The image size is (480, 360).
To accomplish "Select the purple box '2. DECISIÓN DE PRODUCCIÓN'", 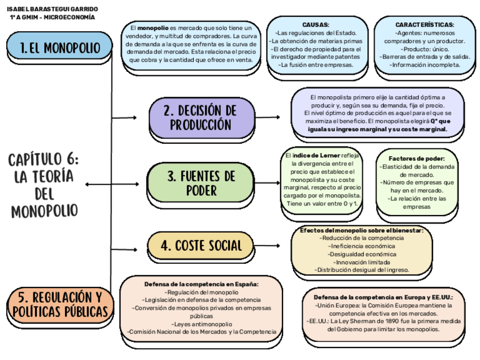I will pyautogui.click(x=201, y=117).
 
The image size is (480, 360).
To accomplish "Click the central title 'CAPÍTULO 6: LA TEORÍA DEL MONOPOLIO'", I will pyautogui.click(x=44, y=185).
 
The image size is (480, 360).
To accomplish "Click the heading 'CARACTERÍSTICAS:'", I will pyautogui.click(x=425, y=25).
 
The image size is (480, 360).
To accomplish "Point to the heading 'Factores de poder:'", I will pyautogui.click(x=417, y=158).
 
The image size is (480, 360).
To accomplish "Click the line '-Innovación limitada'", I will pyautogui.click(x=361, y=262).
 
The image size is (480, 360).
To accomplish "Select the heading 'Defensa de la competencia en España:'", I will pyautogui.click(x=202, y=284).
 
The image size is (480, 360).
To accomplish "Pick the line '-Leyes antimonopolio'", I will pyautogui.click(x=202, y=324).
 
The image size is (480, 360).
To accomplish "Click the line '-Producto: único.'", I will pyautogui.click(x=425, y=49).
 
